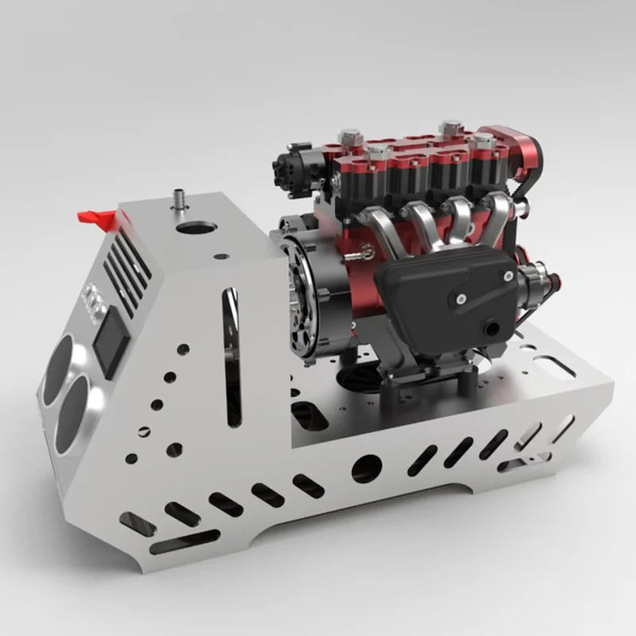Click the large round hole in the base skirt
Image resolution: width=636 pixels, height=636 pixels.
pos(366,467)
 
